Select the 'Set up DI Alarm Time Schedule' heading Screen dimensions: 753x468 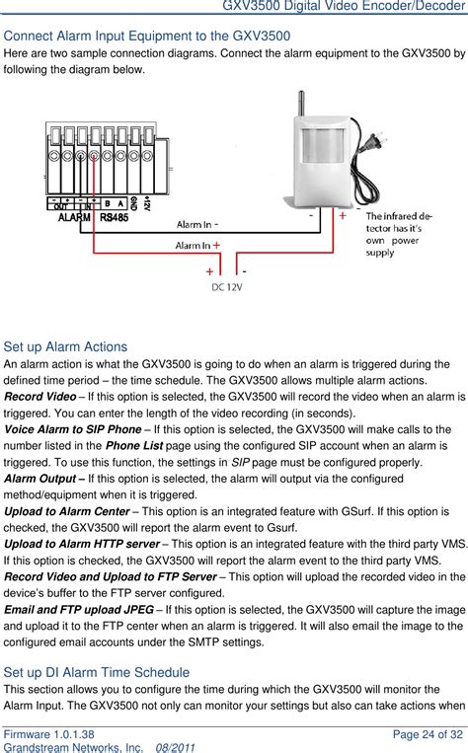pos(97,672)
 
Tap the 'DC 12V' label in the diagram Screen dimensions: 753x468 pos(227,287)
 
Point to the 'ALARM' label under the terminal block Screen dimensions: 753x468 pos(75,217)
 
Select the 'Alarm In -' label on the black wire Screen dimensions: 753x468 pos(198,225)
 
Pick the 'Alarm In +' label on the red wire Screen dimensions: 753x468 pos(197,245)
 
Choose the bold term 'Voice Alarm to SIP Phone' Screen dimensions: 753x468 pos(76,429)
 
